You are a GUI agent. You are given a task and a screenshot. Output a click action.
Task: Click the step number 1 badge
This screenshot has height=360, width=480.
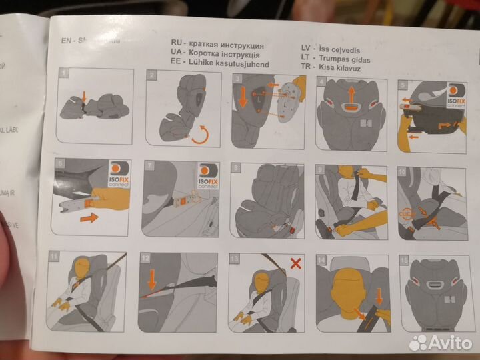63,72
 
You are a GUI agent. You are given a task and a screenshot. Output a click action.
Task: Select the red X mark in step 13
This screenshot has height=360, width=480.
295,263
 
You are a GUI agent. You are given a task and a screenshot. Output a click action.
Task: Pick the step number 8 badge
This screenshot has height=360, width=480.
235,169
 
